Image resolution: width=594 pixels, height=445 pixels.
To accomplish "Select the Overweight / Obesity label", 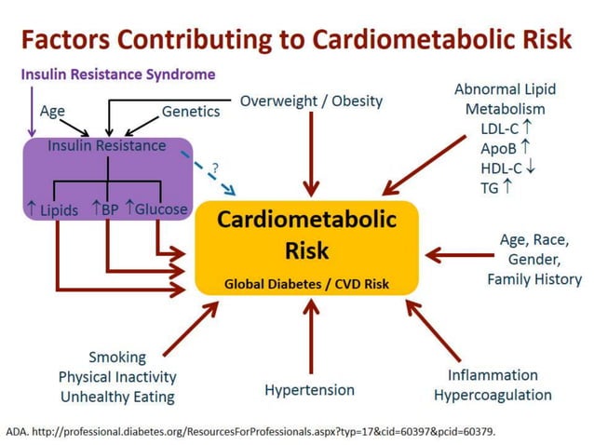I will [x=311, y=101].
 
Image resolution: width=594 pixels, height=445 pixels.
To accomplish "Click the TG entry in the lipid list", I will [x=493, y=188].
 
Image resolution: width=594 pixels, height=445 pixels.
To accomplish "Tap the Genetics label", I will [x=191, y=112].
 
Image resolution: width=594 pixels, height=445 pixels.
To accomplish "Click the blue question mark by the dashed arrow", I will [x=215, y=168].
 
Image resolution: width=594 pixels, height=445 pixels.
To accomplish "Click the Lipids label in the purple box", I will [x=55, y=210].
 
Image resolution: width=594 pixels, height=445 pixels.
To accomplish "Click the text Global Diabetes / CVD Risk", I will [x=306, y=284].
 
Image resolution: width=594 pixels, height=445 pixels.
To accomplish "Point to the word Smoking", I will [x=117, y=357].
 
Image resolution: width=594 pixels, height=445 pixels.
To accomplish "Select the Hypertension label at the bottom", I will [x=309, y=389].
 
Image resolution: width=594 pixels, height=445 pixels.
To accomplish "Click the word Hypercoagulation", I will [x=493, y=395].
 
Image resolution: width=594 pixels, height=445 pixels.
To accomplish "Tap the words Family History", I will [x=533, y=278].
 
